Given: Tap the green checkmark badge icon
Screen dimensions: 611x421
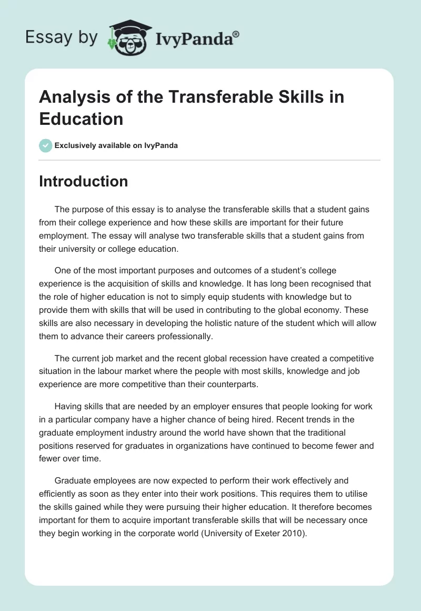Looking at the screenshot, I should click(x=46, y=145).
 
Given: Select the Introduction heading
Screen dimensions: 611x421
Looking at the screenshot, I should click(x=83, y=181).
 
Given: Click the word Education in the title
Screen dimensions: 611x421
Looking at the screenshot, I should click(x=81, y=119).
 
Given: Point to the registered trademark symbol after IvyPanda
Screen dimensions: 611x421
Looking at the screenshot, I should click(x=236, y=33).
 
